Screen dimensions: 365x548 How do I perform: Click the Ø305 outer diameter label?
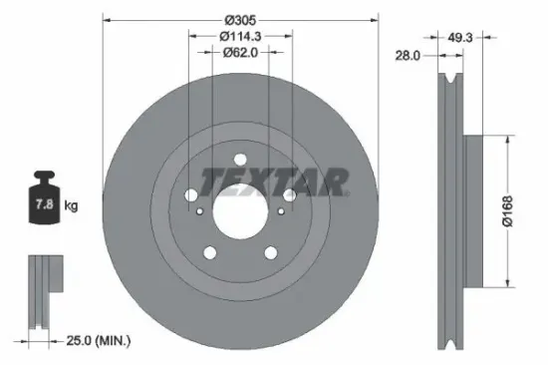241,20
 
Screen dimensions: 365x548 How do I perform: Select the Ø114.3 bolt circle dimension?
240,36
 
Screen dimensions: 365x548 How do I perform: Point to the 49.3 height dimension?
459,36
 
